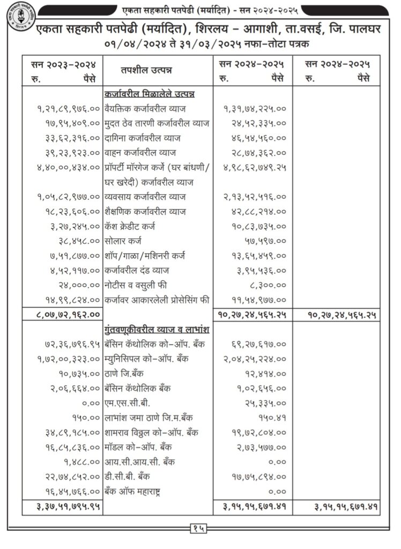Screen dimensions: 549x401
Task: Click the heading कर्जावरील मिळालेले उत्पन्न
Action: tap(150, 94)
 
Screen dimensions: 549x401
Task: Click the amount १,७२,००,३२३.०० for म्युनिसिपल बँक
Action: tap(69, 358)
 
